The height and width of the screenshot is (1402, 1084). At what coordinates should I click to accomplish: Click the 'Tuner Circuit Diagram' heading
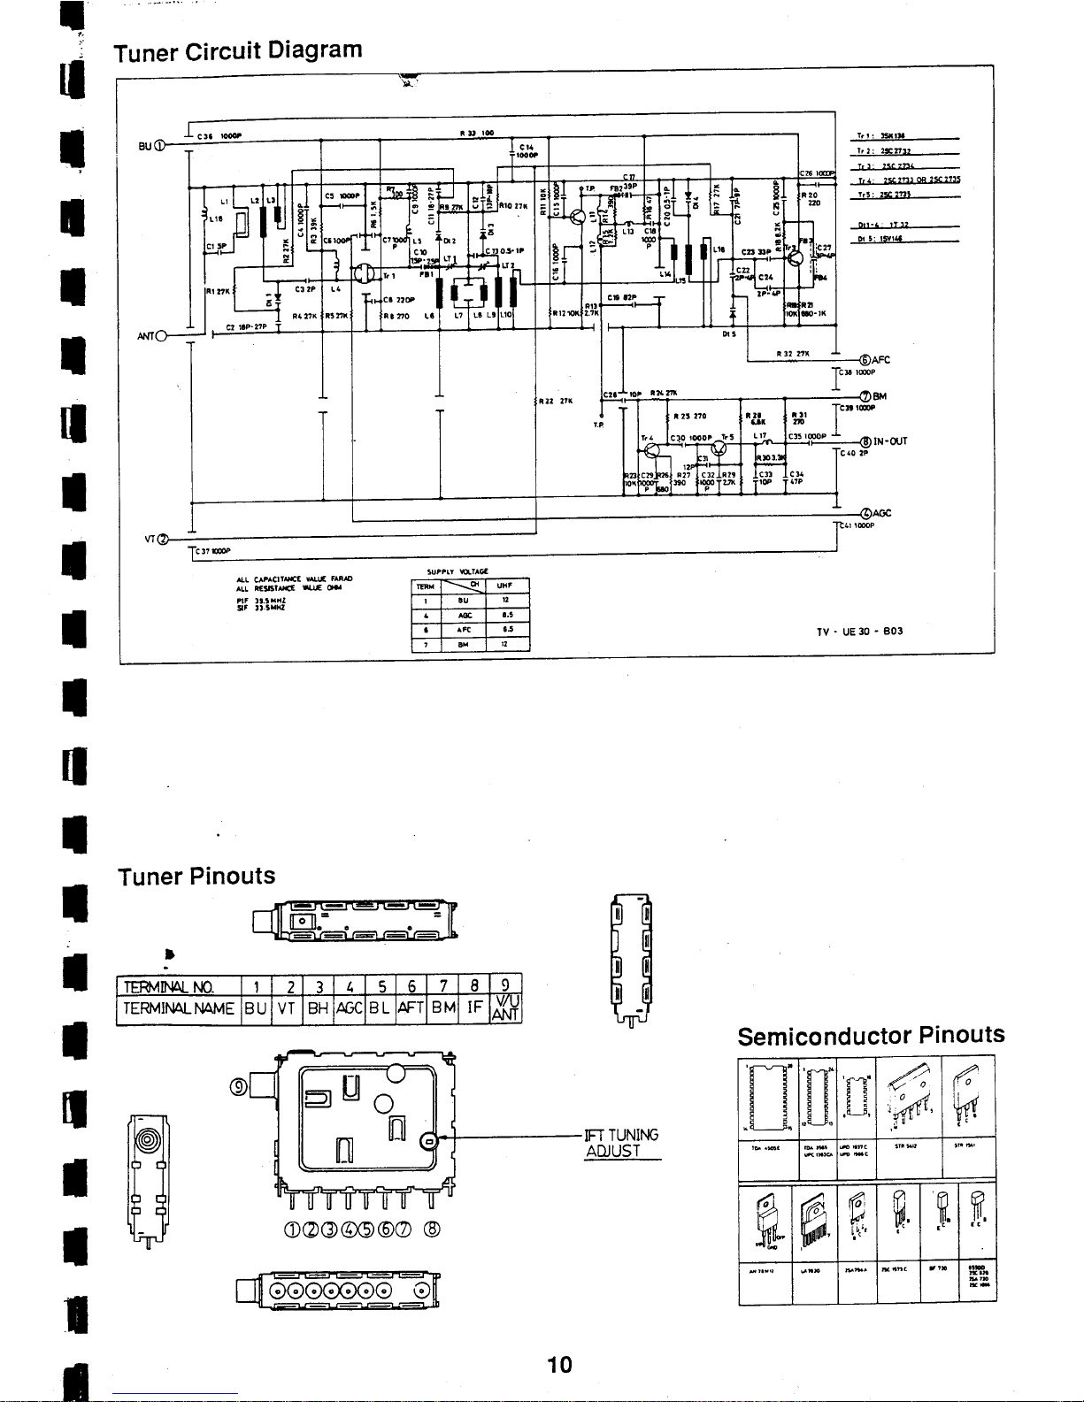pyautogui.click(x=238, y=50)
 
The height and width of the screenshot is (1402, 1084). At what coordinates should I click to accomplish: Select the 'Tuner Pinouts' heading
pyautogui.click(x=196, y=876)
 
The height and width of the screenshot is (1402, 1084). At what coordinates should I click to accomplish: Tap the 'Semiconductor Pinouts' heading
pyautogui.click(x=871, y=1035)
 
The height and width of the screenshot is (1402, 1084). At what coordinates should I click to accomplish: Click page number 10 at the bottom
pyautogui.click(x=559, y=1364)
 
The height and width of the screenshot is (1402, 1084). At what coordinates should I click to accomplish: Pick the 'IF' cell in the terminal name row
pyautogui.click(x=473, y=1007)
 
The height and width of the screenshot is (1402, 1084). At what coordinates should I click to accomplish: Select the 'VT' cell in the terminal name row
pyautogui.click(x=285, y=1007)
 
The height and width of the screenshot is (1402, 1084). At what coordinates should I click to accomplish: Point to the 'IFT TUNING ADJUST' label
pyautogui.click(x=621, y=1143)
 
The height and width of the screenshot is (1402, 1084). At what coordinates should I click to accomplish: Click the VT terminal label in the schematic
pyautogui.click(x=156, y=539)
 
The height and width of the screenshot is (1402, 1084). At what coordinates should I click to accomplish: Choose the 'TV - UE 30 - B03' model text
pyautogui.click(x=859, y=632)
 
